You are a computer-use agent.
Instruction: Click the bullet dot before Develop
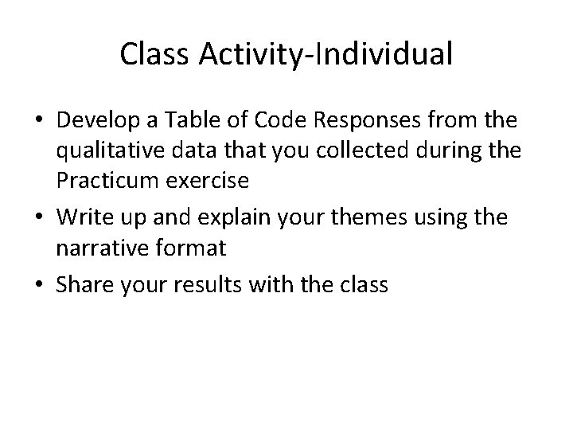pos(39,121)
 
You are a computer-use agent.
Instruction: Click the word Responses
pos(358,121)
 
